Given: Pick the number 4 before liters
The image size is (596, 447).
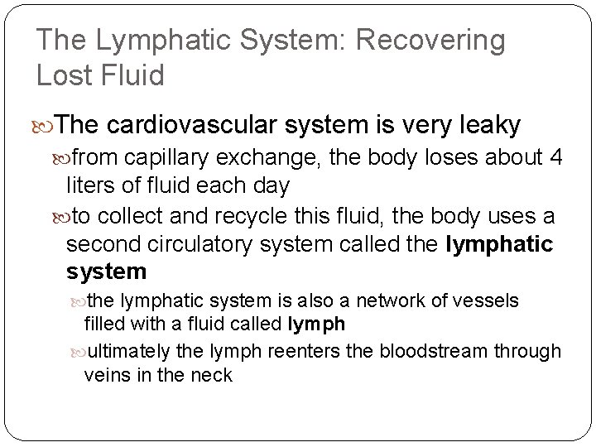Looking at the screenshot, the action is [555, 156].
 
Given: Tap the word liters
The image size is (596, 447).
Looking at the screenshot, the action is [94, 185].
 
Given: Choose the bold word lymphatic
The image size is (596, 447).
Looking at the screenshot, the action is [499, 244].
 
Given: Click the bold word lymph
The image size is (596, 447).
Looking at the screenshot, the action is [317, 324].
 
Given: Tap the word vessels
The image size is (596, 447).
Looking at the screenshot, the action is [489, 300].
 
